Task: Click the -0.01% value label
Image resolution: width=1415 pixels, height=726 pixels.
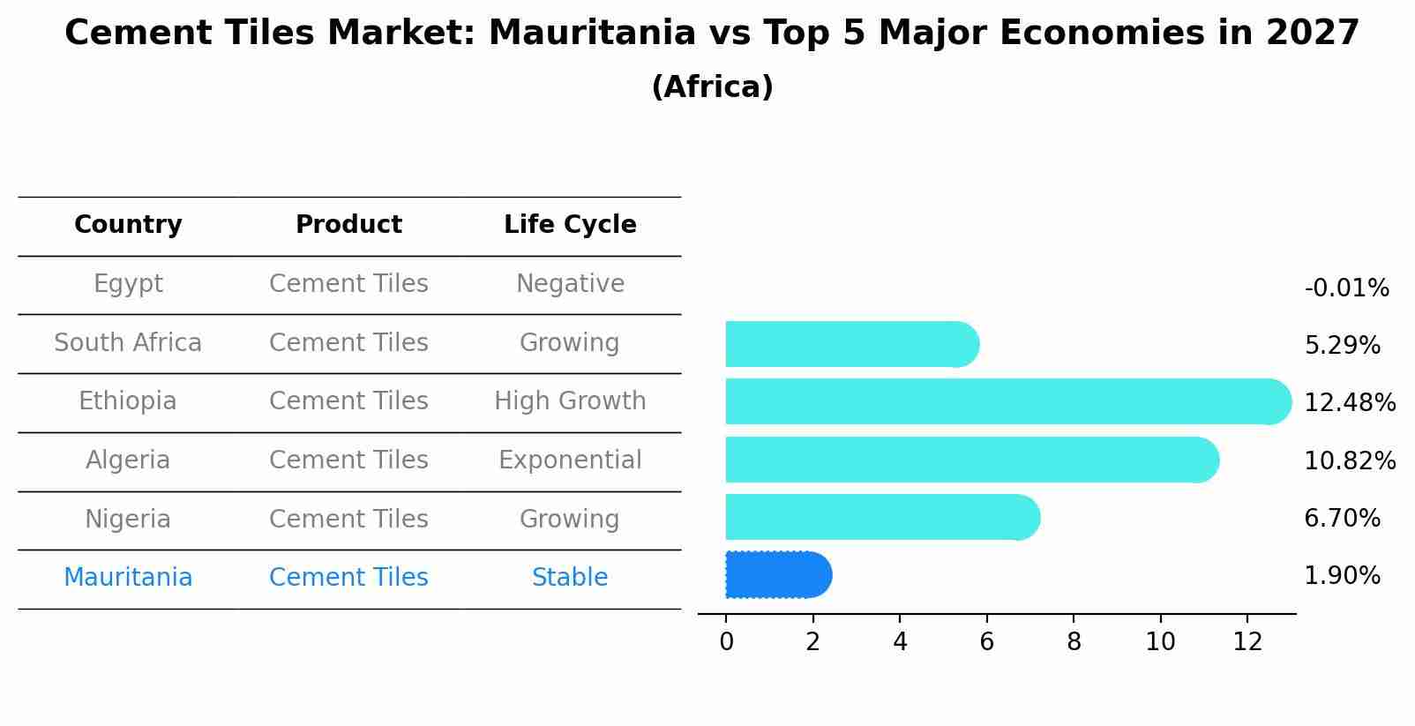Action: [x=1346, y=288]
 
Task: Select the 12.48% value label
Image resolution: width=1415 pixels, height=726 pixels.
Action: [x=1350, y=403]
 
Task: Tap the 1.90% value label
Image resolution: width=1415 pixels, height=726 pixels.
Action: [x=1342, y=576]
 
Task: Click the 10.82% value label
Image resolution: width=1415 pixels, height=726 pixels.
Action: [x=1350, y=460]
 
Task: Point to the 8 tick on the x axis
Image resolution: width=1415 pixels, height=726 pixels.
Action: [x=1074, y=642]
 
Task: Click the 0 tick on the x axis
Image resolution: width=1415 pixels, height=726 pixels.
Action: [x=726, y=642]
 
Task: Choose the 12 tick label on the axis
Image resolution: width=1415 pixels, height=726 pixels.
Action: [x=1247, y=642]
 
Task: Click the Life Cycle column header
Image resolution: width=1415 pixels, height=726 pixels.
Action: [x=570, y=225]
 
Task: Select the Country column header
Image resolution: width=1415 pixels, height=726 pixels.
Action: [x=128, y=225]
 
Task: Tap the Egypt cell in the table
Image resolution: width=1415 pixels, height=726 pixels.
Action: [x=128, y=284]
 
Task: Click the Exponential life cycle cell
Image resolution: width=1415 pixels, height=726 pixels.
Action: [x=570, y=460]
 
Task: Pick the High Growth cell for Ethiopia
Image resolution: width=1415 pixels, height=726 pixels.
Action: [x=570, y=401]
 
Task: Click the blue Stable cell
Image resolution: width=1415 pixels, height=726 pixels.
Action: [x=570, y=578]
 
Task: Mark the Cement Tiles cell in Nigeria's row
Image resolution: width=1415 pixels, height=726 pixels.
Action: [x=348, y=519]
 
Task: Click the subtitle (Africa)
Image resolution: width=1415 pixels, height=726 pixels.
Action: [x=712, y=87]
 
